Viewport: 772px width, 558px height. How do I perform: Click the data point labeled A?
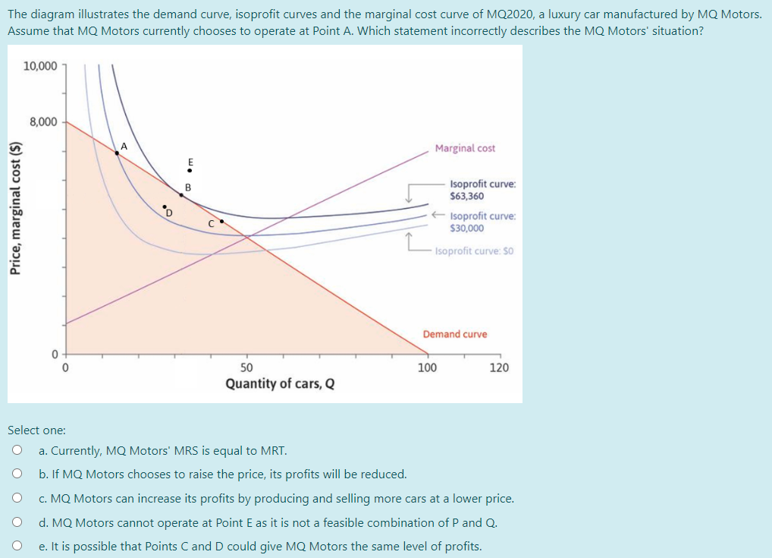coord(117,153)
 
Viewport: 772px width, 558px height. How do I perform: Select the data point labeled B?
coord(181,195)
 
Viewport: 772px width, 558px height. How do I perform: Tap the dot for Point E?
coord(190,170)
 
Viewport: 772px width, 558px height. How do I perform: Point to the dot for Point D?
coord(165,205)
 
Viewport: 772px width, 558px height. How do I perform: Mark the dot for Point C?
coord(221,221)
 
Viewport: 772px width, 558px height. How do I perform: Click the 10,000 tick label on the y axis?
coord(39,66)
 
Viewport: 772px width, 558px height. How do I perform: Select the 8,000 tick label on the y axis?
coord(43,121)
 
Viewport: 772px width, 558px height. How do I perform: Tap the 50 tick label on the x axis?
coord(247,367)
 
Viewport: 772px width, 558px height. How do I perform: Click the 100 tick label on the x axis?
coord(427,367)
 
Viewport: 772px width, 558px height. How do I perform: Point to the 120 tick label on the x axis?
coord(499,367)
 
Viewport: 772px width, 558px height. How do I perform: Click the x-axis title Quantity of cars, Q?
coord(280,383)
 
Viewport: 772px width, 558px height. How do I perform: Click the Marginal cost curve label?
coord(465,148)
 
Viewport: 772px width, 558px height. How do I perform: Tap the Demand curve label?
coord(455,334)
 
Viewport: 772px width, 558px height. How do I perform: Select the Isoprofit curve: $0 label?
coord(475,251)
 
